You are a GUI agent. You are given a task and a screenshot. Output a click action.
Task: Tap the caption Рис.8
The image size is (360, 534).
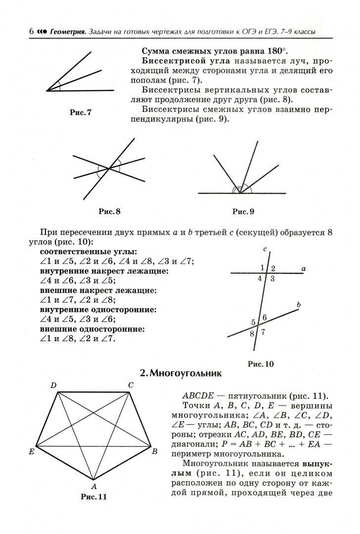tap(109, 212)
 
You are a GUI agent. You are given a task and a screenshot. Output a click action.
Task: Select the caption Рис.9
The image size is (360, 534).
tap(243, 212)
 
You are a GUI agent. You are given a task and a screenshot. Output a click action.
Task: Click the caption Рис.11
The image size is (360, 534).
tap(93, 497)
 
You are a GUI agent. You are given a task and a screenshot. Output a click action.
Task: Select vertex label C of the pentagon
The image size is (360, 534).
tap(131, 385)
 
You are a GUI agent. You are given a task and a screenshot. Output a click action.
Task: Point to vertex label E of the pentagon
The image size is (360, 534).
tap(31, 451)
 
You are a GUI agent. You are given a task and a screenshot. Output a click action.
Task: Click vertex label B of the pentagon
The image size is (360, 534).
tap(154, 451)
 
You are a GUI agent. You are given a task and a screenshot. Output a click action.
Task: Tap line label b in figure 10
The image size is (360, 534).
tap(298, 306)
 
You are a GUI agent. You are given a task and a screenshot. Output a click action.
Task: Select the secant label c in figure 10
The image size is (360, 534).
tap(266, 249)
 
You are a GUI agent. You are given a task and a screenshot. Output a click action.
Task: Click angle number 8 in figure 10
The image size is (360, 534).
tap(252, 334)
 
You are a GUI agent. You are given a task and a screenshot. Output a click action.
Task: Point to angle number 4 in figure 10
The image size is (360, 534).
tap(260, 278)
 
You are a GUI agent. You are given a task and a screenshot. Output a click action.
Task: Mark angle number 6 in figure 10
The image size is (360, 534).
tap(265, 317)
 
